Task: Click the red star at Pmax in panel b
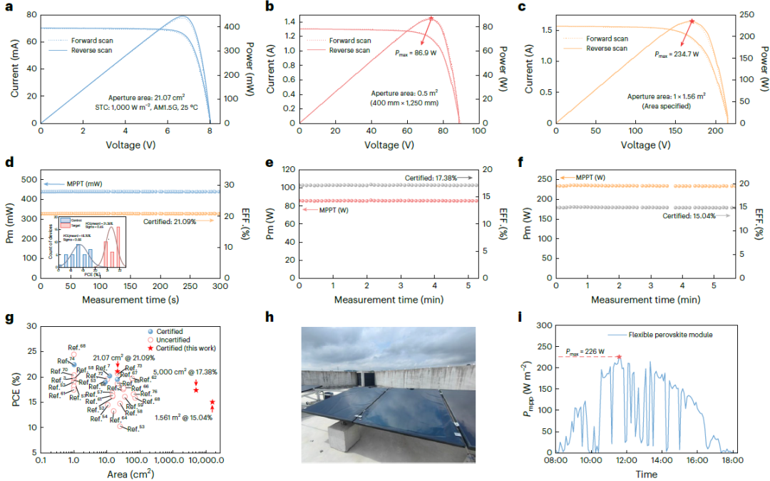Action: click(x=431, y=19)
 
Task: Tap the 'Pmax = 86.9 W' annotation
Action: click(x=416, y=54)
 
